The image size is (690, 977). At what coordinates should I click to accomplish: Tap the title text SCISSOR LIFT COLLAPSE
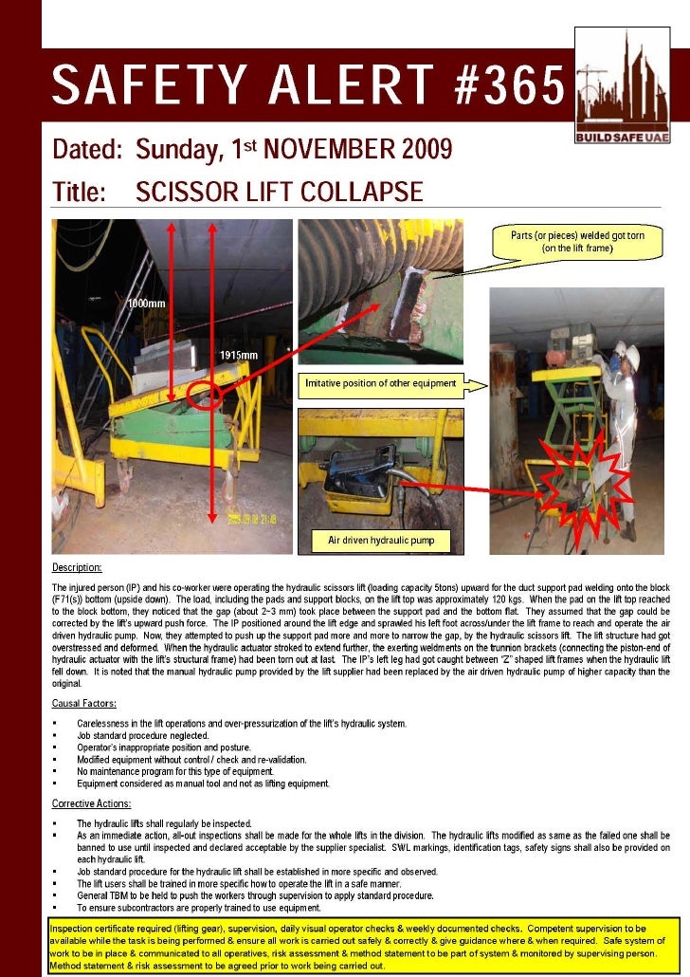(280, 193)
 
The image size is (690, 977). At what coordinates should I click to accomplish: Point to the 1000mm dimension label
(147, 303)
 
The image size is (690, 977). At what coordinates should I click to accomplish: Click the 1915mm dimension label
(239, 354)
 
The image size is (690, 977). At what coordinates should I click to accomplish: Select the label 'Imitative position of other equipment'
(380, 384)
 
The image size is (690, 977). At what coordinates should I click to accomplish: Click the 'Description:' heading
(77, 567)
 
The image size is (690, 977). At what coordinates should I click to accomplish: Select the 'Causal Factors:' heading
(84, 703)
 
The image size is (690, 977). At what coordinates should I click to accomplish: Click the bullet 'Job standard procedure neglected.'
(143, 736)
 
